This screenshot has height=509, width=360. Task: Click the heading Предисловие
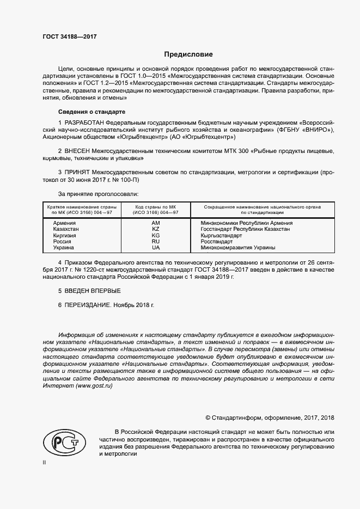pos(189,54)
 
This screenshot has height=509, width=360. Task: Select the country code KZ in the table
pos(156,229)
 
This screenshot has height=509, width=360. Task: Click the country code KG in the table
pos(156,235)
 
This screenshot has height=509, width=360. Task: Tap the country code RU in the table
pos(156,241)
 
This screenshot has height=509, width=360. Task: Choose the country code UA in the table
pos(156,247)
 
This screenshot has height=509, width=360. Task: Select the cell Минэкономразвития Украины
pos(238,247)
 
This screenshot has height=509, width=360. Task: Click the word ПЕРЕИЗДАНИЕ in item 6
pos(88,306)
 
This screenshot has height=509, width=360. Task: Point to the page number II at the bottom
pos(45,462)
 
